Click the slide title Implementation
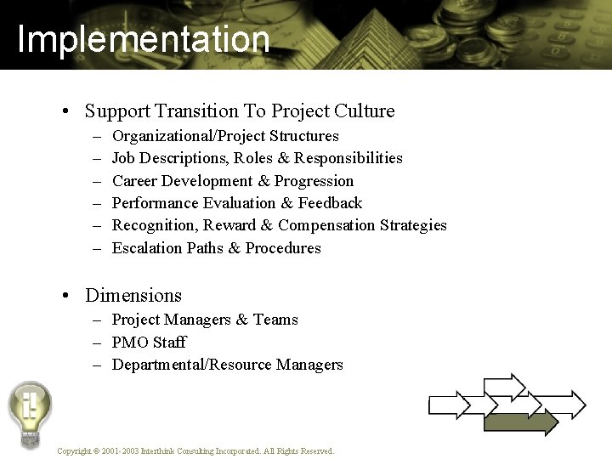tap(143, 39)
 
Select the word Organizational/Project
tap(190, 136)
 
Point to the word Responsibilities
tap(348, 158)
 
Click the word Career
tap(134, 181)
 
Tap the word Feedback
tap(330, 203)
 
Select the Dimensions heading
tap(133, 296)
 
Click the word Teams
tap(275, 320)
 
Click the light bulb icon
tap(30, 412)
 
